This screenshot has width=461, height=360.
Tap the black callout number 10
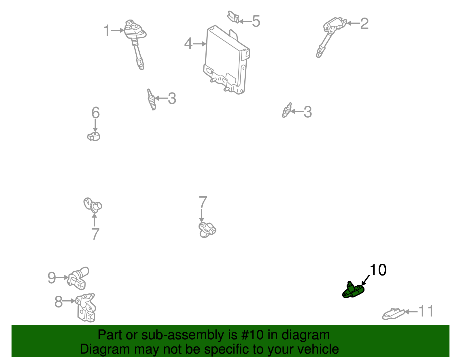pyautogui.click(x=378, y=270)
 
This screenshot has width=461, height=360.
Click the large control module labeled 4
pyautogui.click(x=226, y=61)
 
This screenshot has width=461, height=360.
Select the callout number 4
pyautogui.click(x=188, y=44)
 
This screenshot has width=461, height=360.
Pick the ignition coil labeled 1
pyautogui.click(x=135, y=40)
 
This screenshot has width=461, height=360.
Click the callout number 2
pyautogui.click(x=364, y=24)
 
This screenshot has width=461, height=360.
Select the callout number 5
pyautogui.click(x=256, y=21)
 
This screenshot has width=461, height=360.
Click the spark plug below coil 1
pyautogui.click(x=151, y=99)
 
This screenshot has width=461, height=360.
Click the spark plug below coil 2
pyautogui.click(x=287, y=110)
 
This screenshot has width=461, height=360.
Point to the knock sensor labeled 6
pyautogui.click(x=94, y=136)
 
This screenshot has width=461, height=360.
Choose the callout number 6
pyautogui.click(x=95, y=113)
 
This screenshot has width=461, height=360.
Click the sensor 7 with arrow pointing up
pyautogui.click(x=93, y=205)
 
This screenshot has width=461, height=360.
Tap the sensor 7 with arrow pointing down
pyautogui.click(x=207, y=230)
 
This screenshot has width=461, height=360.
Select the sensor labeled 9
pyautogui.click(x=78, y=278)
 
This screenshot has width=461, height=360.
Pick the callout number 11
pyautogui.click(x=426, y=312)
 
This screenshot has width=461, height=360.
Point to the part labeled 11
pyautogui.click(x=393, y=314)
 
